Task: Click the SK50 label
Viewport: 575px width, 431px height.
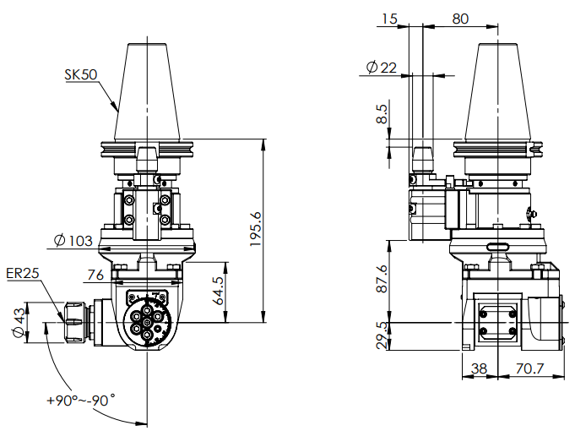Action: tap(81, 74)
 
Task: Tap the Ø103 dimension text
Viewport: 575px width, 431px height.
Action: tap(73, 241)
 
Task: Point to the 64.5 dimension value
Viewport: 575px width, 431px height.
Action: tap(218, 291)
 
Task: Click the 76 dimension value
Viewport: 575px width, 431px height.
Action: tap(95, 274)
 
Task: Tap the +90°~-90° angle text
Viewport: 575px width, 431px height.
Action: tap(81, 401)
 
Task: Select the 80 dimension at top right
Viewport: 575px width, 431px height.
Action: tap(459, 18)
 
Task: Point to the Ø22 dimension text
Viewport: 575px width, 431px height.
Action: tap(382, 68)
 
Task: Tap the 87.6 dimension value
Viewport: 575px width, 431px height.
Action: tap(382, 280)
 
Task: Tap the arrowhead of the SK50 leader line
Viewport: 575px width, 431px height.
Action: tap(116, 110)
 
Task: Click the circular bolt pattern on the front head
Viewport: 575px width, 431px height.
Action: tap(148, 322)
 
